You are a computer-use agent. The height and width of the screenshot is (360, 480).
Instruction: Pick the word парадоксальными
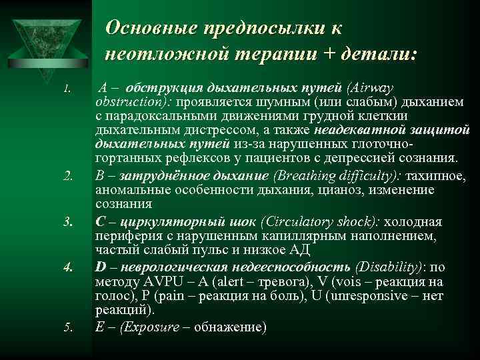(x=149, y=117)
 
